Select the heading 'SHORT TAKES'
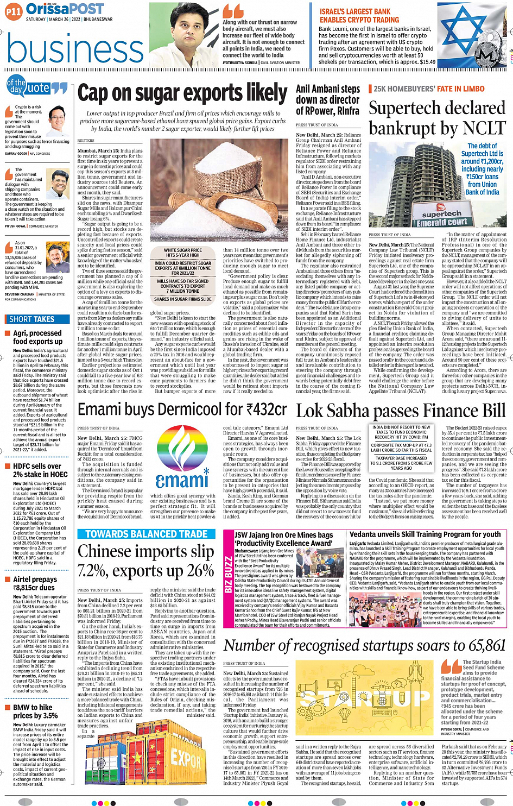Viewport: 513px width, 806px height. [x=32, y=319]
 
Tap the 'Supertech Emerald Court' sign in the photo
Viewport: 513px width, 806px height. [x=442, y=218]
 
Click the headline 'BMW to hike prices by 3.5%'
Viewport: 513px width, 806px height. [x=36, y=711]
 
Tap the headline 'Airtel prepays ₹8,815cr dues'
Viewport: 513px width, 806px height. [x=34, y=583]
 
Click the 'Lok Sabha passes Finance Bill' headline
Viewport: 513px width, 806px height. [x=401, y=411]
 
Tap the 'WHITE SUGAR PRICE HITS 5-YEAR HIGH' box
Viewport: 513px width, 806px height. [x=183, y=253]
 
